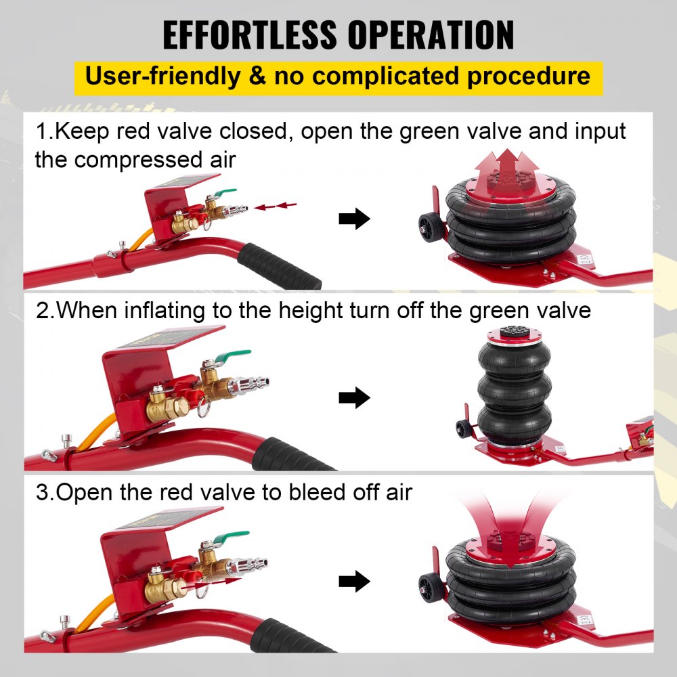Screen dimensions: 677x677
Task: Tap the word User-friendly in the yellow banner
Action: [162, 75]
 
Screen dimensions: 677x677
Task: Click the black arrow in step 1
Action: [354, 219]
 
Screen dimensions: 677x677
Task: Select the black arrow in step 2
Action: [354, 398]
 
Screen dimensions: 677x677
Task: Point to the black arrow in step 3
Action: [354, 581]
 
